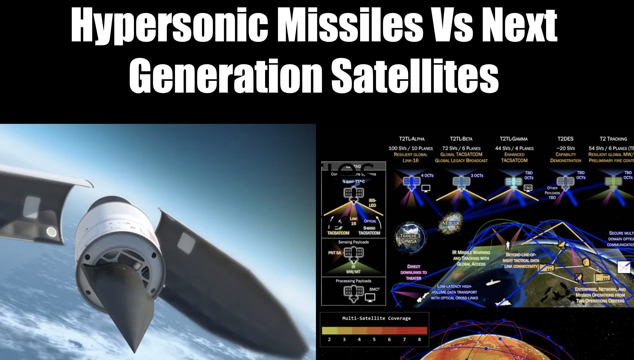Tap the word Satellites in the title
(x=414, y=76)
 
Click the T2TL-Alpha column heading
(x=411, y=139)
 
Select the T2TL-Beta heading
(x=461, y=139)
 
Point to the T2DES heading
(x=565, y=139)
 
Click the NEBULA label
(x=451, y=223)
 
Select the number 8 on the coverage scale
(x=419, y=339)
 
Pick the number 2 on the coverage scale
(x=329, y=339)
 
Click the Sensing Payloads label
(x=353, y=242)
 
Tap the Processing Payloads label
(x=353, y=281)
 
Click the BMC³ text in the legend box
(x=374, y=289)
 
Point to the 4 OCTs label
(x=427, y=175)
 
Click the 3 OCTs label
(x=477, y=175)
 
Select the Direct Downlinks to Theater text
(x=413, y=272)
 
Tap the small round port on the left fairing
(x=52, y=232)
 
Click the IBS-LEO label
(x=372, y=203)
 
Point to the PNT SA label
(x=334, y=253)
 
